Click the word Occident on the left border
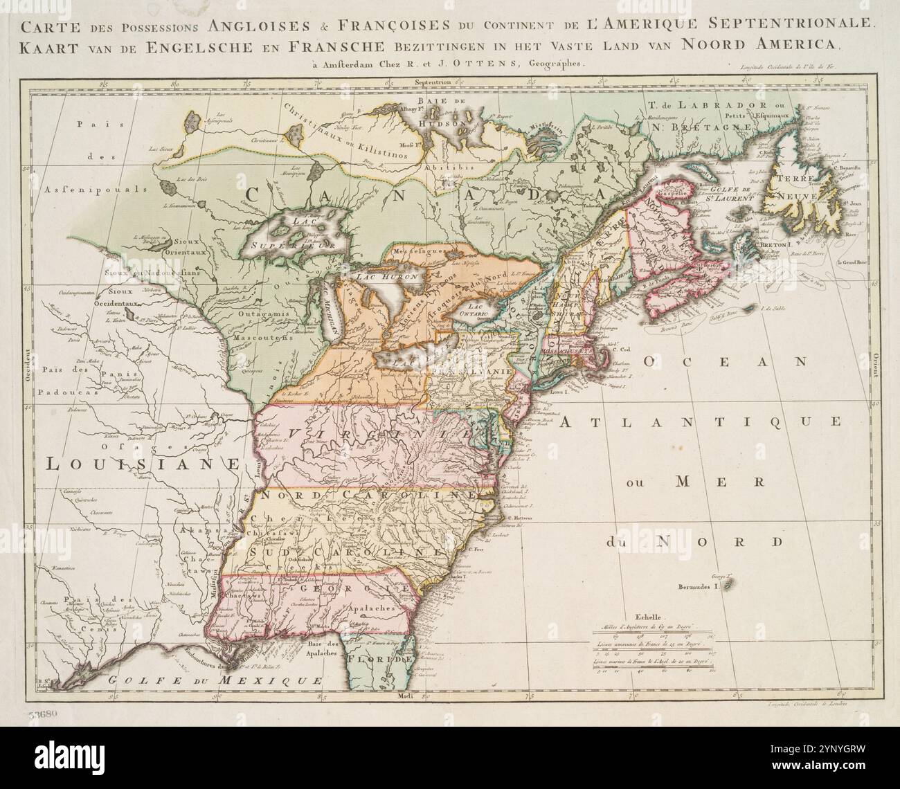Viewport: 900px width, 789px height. (29, 363)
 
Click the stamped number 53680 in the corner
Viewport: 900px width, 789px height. (44, 714)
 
